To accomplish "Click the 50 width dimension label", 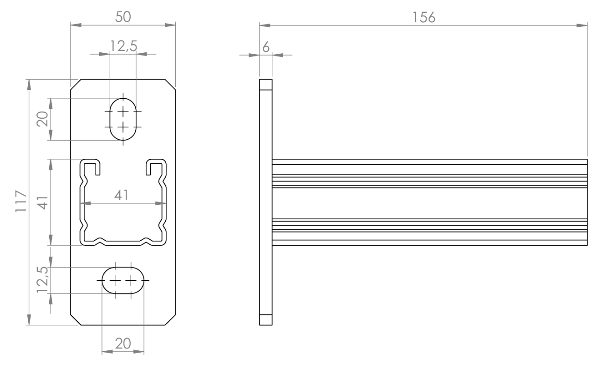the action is pyautogui.click(x=123, y=17).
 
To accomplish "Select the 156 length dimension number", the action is pyautogui.click(x=423, y=17).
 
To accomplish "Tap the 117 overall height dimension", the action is pyautogui.click(x=21, y=201).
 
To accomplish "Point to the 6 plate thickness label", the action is pyautogui.click(x=266, y=47).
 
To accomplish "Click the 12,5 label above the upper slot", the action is pyautogui.click(x=123, y=46).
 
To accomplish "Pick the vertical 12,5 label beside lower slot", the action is pyautogui.click(x=42, y=279).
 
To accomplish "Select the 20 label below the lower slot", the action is pyautogui.click(x=123, y=344).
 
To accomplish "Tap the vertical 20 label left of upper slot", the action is pyautogui.click(x=42, y=119).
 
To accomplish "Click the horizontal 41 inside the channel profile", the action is pyautogui.click(x=122, y=195).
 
